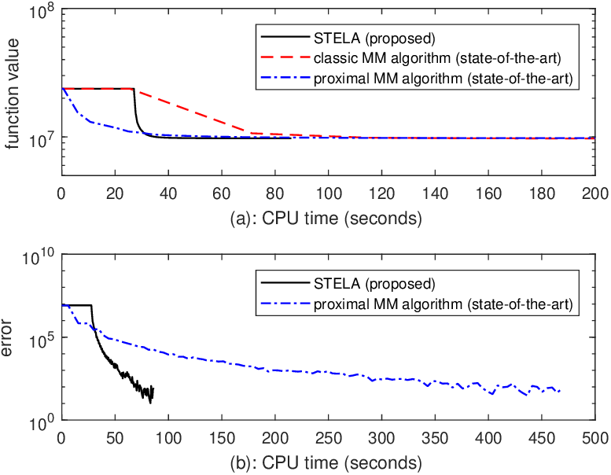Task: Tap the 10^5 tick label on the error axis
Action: (x=40, y=337)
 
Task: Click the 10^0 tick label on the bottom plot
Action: (x=40, y=420)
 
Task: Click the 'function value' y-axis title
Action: (x=13, y=94)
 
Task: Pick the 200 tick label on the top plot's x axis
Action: (x=594, y=193)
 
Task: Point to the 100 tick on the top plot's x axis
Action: (x=328, y=193)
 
